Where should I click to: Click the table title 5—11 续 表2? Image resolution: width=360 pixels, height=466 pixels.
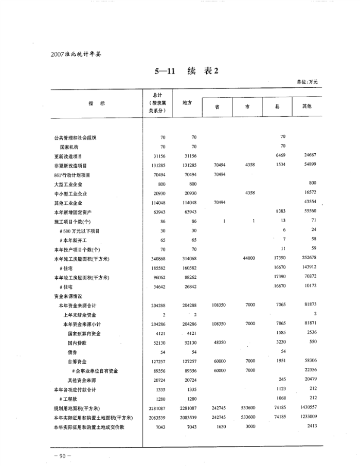[187, 72]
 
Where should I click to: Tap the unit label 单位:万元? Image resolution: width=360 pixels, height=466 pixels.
[308, 82]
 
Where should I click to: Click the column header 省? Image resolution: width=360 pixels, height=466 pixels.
[218, 107]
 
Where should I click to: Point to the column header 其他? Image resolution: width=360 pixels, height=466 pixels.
[309, 107]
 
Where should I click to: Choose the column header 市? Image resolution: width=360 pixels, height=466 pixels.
[248, 107]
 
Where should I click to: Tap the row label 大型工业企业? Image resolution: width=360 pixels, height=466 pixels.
[68, 184]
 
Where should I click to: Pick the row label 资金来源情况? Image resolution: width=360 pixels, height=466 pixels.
[68, 296]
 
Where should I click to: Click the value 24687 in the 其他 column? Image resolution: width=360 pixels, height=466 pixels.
[309, 155]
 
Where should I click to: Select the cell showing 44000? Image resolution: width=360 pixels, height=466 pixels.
[248, 258]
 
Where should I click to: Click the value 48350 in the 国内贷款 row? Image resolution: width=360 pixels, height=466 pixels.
[219, 343]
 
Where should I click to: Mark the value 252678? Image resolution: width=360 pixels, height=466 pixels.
[308, 258]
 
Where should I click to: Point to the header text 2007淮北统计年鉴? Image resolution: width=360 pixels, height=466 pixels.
[73, 53]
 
